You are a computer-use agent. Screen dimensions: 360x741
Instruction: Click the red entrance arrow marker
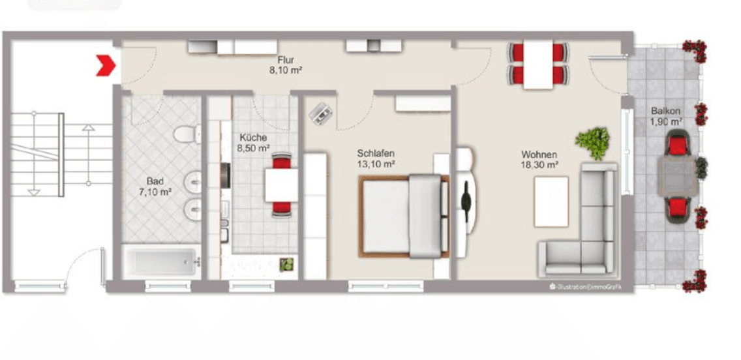tap(106, 66)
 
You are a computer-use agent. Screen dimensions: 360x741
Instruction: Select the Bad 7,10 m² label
tap(155, 187)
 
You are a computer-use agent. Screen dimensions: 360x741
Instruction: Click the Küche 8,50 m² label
tap(254, 143)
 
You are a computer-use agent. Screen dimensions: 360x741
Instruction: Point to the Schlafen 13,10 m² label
tap(376, 158)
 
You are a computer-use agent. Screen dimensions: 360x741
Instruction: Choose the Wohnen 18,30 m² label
tap(539, 160)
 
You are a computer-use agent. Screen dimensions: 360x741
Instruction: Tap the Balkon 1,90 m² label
tap(665, 116)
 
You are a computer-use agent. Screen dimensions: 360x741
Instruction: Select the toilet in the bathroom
tap(187, 135)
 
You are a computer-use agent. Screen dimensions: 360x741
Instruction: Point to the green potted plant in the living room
tap(594, 142)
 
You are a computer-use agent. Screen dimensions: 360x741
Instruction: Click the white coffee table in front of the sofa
tap(551, 202)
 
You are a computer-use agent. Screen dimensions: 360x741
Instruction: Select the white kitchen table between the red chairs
tap(281, 185)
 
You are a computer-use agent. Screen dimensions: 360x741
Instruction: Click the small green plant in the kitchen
tap(286, 264)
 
